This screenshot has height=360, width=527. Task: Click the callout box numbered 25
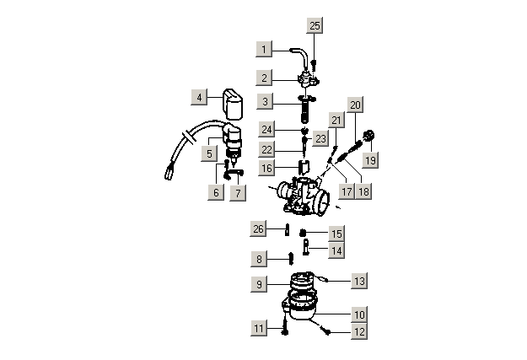click(x=315, y=25)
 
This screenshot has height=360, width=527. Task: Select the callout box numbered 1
click(x=264, y=49)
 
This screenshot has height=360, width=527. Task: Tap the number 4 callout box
click(x=199, y=97)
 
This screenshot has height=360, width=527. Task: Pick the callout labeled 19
click(x=370, y=159)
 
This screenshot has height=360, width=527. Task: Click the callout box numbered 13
click(x=359, y=281)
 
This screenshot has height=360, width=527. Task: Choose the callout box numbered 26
click(x=258, y=228)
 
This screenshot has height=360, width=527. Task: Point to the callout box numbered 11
click(x=259, y=328)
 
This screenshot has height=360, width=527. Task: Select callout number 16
click(x=266, y=168)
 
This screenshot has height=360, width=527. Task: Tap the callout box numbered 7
click(x=238, y=193)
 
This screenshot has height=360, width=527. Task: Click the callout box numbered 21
click(x=336, y=120)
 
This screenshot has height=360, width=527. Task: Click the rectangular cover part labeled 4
click(x=233, y=105)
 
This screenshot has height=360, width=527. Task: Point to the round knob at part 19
click(x=369, y=136)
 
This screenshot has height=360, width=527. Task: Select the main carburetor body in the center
click(x=303, y=197)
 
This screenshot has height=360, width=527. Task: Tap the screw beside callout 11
click(x=285, y=327)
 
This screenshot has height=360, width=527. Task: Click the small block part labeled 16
click(x=304, y=167)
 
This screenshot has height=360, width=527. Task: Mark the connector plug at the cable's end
click(x=169, y=174)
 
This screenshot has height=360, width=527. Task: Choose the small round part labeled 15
click(x=303, y=233)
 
